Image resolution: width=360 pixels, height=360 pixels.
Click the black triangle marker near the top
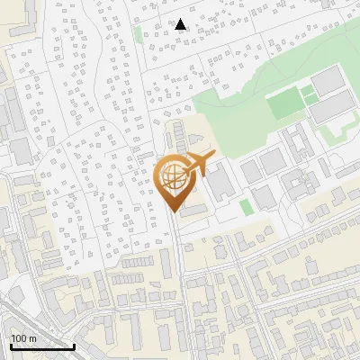181,24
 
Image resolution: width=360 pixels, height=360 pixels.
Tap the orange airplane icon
199,165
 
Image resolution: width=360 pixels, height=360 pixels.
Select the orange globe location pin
174,182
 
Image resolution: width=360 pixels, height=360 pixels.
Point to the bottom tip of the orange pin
174,212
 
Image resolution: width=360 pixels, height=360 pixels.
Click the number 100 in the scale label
19,338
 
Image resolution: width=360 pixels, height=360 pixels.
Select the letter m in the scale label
31,338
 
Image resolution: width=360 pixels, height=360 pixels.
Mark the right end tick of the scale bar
74,346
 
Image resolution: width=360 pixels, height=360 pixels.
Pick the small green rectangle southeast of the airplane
246,207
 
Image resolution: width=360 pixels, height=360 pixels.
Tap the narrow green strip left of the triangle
138,33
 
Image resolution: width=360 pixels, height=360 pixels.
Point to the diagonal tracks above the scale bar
18,315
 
